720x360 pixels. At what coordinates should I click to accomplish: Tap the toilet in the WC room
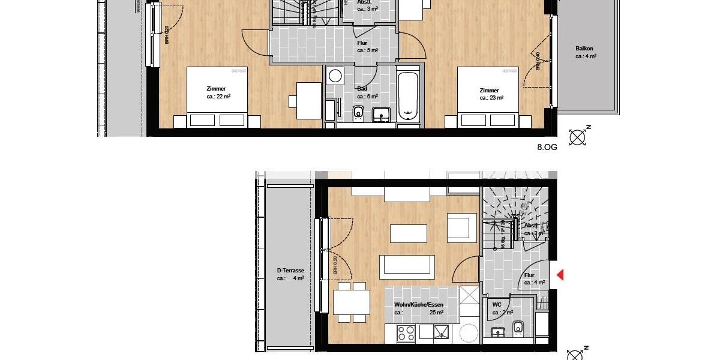pyautogui.click(x=517, y=328)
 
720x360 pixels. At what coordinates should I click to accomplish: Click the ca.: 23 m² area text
pyautogui.click(x=491, y=97)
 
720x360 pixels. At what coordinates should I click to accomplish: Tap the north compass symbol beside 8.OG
pyautogui.click(x=578, y=137)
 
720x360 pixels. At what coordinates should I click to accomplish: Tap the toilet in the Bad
pyautogui.click(x=359, y=113)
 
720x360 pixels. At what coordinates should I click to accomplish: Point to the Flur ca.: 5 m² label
pyautogui.click(x=367, y=47)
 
